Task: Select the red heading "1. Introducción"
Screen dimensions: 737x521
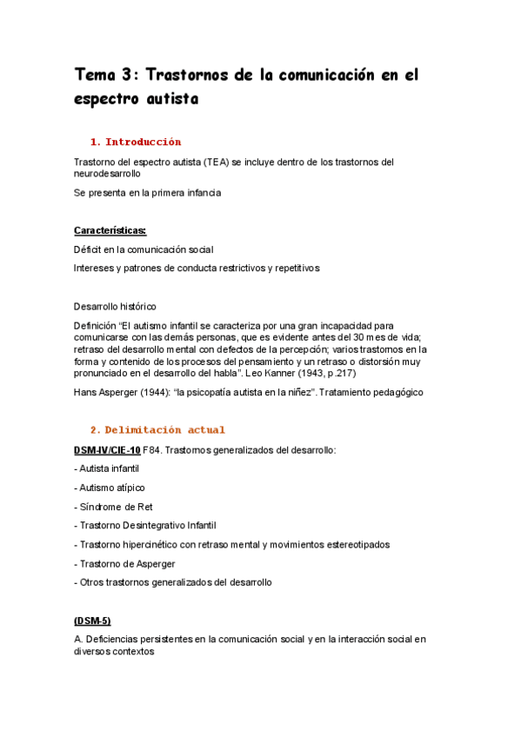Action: point(135,142)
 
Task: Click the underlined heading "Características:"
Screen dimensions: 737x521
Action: point(110,230)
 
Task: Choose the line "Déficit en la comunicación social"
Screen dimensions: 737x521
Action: point(144,249)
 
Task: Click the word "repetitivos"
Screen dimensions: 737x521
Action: point(294,268)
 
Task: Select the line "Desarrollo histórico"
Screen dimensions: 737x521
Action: point(116,306)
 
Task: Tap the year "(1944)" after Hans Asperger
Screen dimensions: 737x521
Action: point(149,392)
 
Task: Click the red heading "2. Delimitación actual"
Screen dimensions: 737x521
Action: point(157,429)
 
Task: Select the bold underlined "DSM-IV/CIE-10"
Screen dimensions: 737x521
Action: point(107,449)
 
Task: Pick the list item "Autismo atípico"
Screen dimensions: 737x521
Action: point(110,487)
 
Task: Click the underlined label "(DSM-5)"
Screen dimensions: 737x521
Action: point(93,621)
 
